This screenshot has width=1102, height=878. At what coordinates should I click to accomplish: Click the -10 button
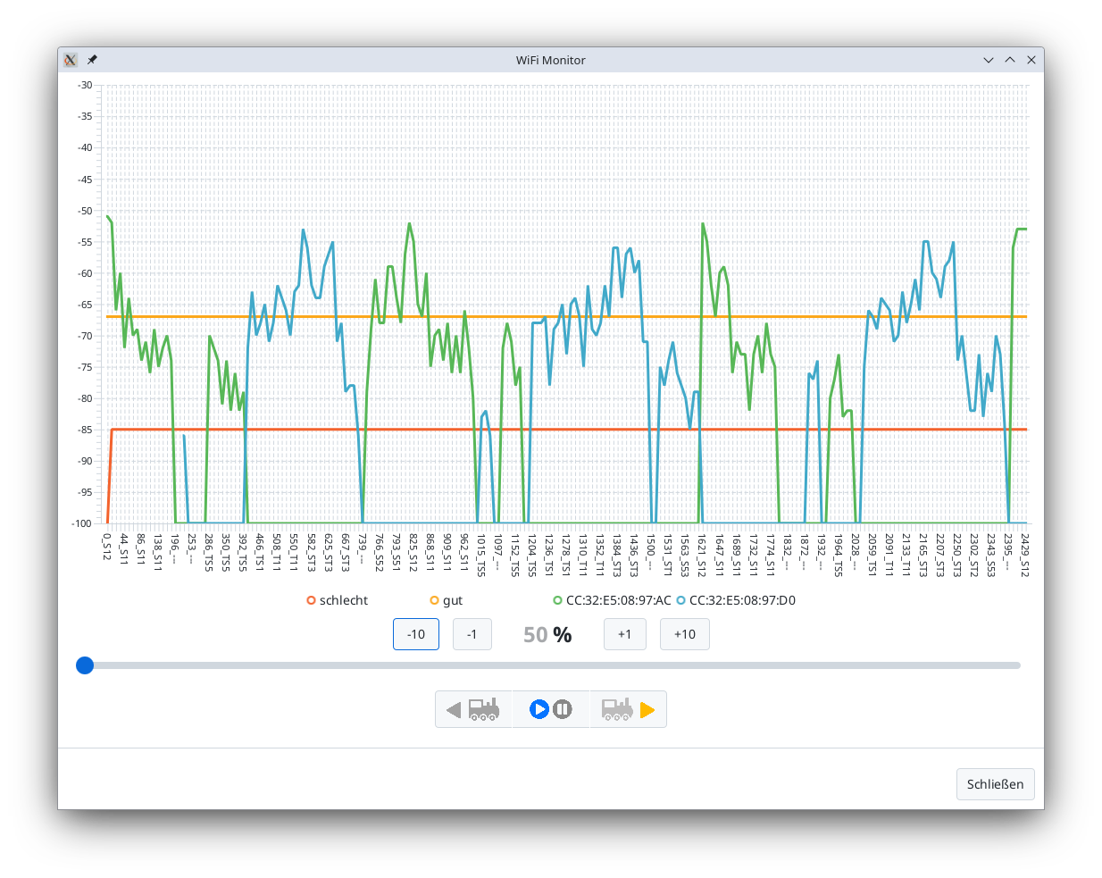pos(416,634)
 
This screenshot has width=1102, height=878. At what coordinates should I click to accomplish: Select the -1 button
pos(472,634)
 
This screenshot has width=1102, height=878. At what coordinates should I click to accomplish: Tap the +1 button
pos(625,634)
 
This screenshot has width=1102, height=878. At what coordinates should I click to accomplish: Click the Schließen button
pos(995,784)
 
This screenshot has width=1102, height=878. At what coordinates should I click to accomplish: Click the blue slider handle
pos(85,665)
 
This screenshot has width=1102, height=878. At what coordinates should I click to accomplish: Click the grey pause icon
pos(562,709)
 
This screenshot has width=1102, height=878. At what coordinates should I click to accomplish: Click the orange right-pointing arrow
pos(647,710)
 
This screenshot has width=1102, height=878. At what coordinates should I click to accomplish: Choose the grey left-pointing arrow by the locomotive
pos(454,710)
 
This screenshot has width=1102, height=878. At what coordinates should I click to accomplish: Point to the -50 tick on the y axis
pos(84,211)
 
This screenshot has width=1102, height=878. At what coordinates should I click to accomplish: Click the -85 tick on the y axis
pos(84,430)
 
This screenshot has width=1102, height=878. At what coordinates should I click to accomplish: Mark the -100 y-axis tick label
pos(82,523)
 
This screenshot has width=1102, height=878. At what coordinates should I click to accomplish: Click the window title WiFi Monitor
pos(550,60)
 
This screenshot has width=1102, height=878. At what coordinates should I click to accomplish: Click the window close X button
pos(1031,60)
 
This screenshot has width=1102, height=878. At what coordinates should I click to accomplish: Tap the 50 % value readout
pos(547,635)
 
